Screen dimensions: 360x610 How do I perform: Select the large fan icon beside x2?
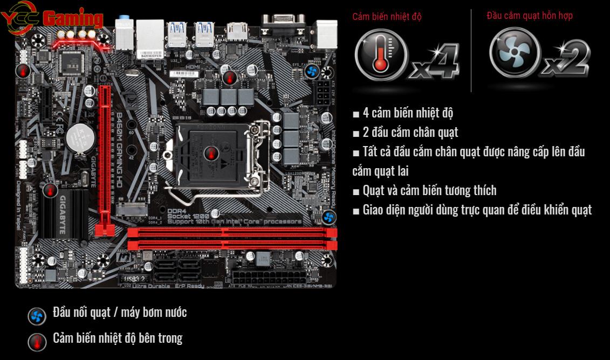pos(513,53)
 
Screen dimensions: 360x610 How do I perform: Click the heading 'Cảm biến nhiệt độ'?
pos(387,16)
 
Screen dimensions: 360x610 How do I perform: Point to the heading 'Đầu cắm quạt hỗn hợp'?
pos(529,15)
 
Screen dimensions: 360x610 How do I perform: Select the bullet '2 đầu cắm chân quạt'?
pos(410,133)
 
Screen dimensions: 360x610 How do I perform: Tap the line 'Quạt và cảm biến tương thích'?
pos(429,190)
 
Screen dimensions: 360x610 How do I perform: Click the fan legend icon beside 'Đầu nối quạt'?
pos(37,316)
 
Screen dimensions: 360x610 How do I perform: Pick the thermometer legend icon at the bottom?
pos(37,342)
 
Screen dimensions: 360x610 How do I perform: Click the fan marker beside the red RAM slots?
pos(329,217)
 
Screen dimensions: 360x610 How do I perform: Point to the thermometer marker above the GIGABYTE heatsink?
pos(50,189)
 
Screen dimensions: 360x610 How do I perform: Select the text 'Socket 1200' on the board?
pos(188,216)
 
